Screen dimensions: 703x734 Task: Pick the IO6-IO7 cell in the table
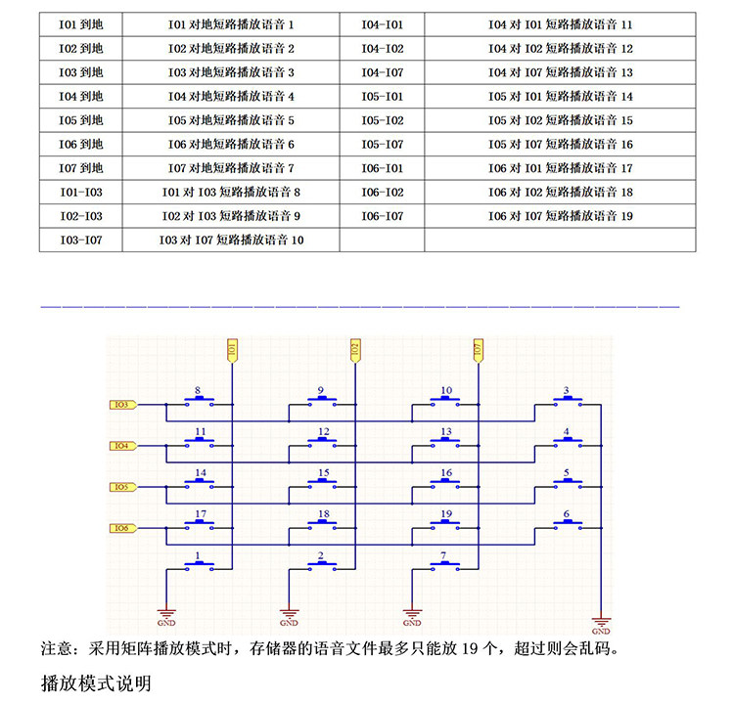coord(382,216)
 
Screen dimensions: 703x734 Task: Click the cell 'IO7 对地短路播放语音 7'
coord(231,168)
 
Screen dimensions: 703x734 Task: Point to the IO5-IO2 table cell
coord(382,120)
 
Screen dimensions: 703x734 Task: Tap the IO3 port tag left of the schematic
coord(122,405)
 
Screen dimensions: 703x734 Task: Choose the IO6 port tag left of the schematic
coord(122,529)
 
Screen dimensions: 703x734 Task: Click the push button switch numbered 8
coord(199,401)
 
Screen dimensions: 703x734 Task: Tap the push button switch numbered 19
coord(446,524)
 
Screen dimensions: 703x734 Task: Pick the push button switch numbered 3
coord(568,401)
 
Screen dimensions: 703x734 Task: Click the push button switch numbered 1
coord(199,565)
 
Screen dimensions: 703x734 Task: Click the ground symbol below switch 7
coord(412,616)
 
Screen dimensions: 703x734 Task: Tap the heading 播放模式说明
coord(96,682)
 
